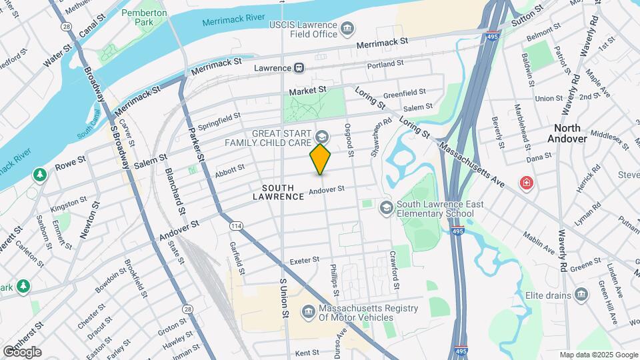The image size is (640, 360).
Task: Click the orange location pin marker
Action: click(321, 159)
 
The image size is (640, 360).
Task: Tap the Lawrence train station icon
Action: click(300, 68)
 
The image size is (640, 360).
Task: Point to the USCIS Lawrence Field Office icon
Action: click(347, 28)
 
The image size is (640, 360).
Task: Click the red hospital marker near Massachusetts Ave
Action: click(527, 182)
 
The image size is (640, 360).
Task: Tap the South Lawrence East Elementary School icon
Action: click(385, 209)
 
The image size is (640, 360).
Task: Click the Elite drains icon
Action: click(581, 295)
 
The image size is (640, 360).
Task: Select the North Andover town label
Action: click(564, 133)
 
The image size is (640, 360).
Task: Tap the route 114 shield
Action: click(236, 227)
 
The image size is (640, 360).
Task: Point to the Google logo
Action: click(22, 351)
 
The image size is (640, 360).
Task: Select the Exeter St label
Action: click(301, 261)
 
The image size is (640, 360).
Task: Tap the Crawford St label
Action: click(395, 270)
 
